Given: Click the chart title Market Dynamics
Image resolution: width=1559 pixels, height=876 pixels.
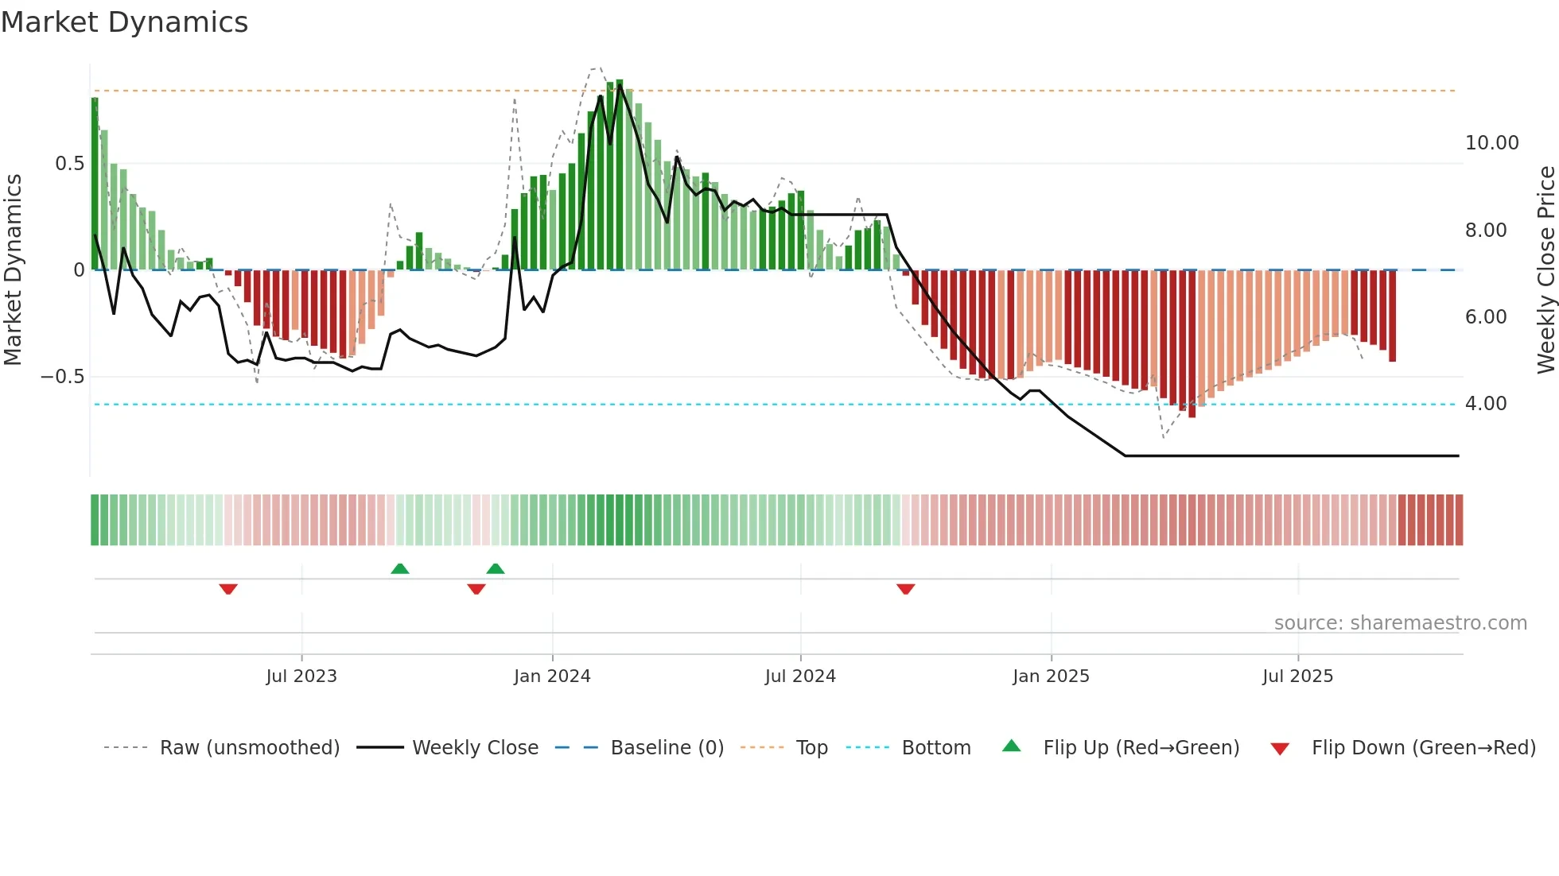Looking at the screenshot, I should tap(124, 22).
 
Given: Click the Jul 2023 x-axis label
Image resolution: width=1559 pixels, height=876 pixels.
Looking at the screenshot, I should tap(301, 676).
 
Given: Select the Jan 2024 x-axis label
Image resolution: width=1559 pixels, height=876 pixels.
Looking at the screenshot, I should tap(552, 676).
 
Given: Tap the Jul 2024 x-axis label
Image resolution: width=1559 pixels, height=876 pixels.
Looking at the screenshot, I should tap(800, 676).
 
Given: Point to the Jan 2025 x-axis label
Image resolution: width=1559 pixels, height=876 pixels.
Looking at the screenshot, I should tap(1051, 676).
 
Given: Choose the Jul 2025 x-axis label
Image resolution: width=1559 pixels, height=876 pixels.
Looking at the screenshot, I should tap(1297, 676).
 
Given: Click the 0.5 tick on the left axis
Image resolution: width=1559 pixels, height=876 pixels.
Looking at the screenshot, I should tap(69, 164).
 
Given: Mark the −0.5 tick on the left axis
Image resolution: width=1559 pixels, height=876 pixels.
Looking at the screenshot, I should tap(63, 377).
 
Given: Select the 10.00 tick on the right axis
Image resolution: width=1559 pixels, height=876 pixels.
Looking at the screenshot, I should tap(1491, 143).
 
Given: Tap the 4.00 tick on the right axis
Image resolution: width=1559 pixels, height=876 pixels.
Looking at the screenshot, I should tap(1486, 404).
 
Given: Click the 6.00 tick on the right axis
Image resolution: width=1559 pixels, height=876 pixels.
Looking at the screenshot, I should tap(1486, 317).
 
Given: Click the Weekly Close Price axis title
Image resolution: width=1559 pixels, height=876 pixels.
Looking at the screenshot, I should tap(1545, 269).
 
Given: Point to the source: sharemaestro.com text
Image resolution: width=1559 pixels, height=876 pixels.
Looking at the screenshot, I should tap(1400, 623).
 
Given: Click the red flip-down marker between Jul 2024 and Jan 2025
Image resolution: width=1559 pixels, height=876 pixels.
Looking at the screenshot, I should tap(905, 589).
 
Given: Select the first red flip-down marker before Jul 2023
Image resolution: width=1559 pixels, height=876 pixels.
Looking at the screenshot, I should tap(228, 589).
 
